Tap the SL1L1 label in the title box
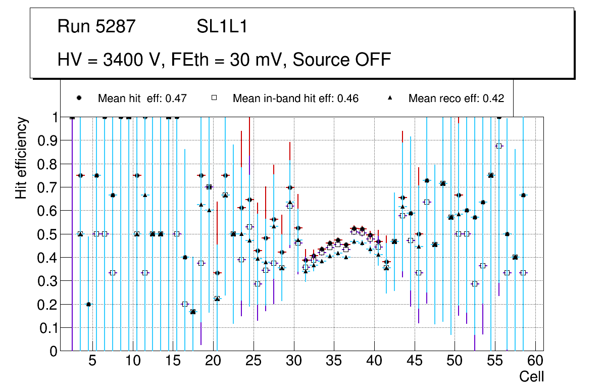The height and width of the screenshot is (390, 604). click(x=222, y=27)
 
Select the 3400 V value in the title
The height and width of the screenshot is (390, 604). click(x=133, y=60)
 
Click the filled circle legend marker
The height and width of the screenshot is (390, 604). click(x=79, y=98)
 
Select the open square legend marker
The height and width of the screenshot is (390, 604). click(x=214, y=98)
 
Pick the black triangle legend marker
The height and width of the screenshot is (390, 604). click(x=390, y=98)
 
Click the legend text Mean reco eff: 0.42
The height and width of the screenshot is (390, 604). click(x=456, y=99)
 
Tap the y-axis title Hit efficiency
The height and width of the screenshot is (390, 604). click(x=21, y=158)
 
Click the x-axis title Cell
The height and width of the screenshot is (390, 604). click(x=531, y=376)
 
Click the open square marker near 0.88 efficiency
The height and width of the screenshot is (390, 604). click(x=499, y=146)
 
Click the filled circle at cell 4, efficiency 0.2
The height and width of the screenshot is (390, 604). click(x=88, y=304)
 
